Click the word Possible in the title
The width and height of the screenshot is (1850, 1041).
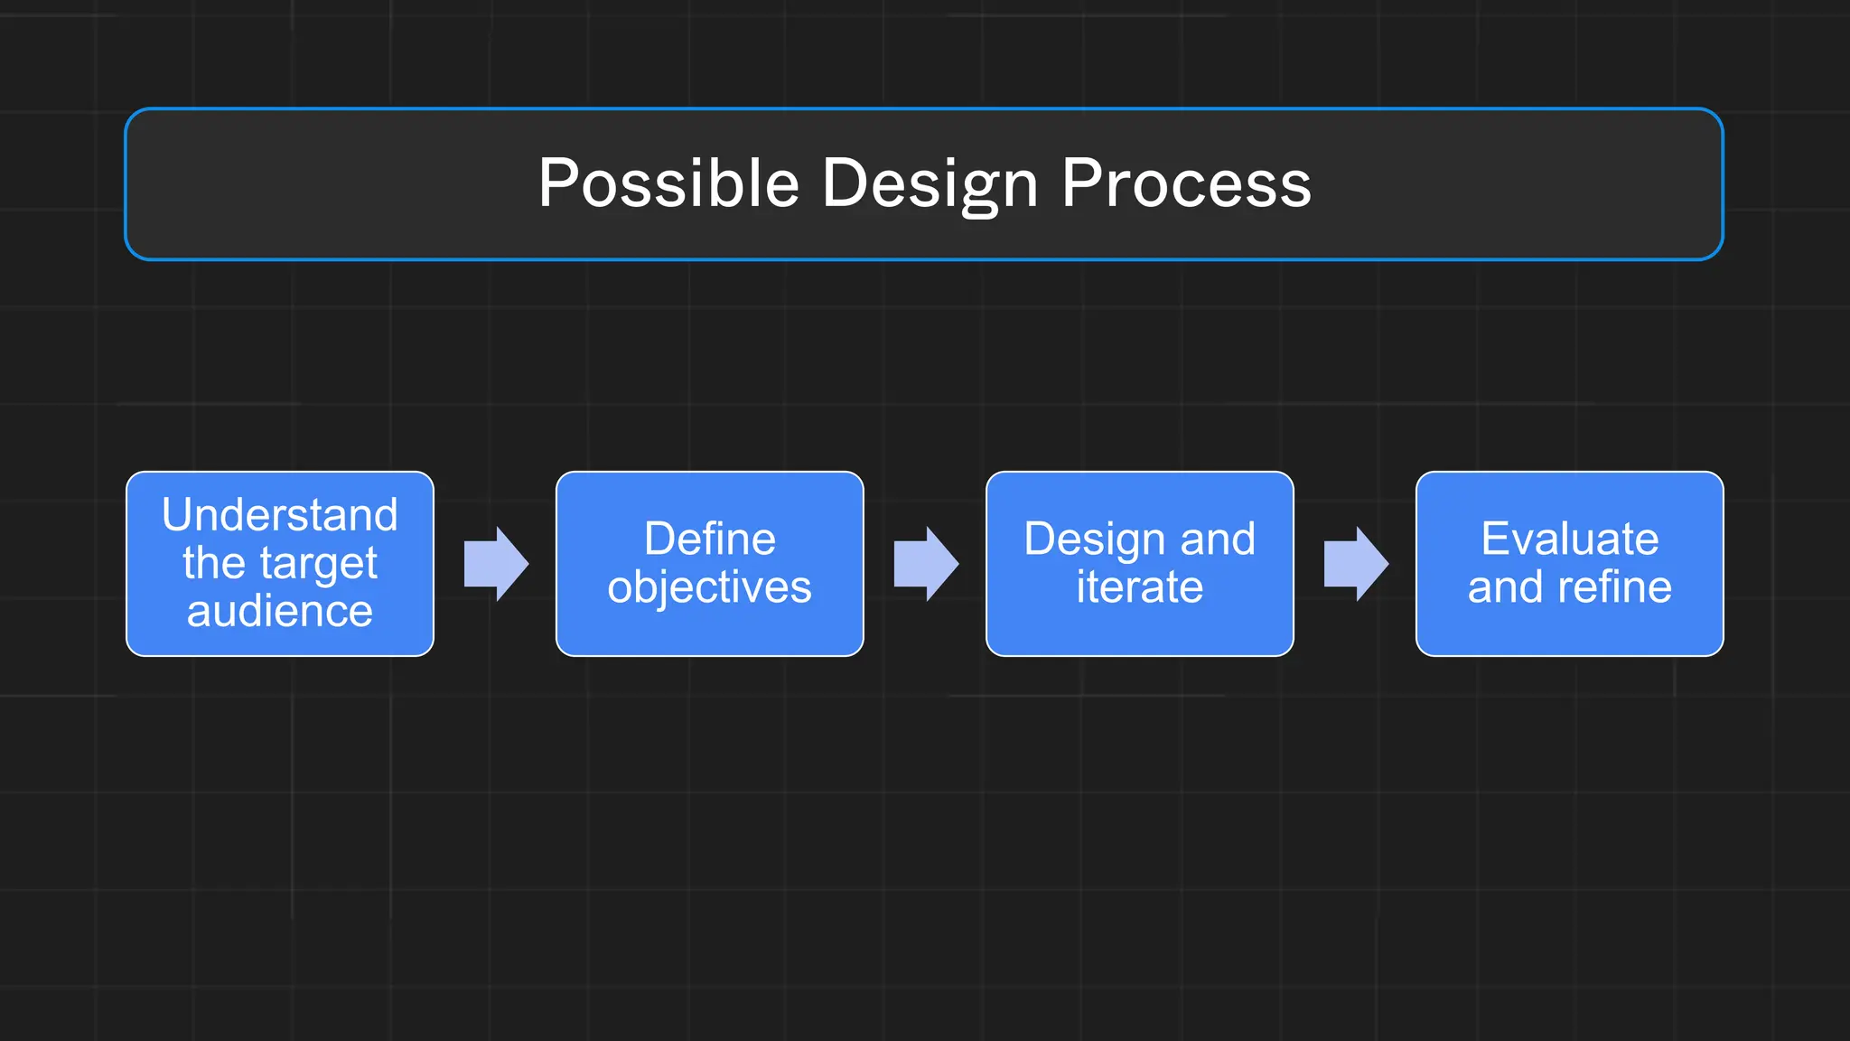(668, 183)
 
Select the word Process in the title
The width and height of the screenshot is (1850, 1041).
(1185, 183)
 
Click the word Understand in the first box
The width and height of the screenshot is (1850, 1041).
(280, 515)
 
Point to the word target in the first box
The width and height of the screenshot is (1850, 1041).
(318, 564)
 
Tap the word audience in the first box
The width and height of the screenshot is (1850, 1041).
(280, 611)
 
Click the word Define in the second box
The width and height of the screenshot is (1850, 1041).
(710, 539)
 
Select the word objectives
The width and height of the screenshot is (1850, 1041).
(710, 587)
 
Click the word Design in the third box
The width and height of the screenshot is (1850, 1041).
(1094, 539)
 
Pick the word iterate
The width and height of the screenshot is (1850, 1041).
(1140, 587)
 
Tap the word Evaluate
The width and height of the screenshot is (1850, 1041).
(1570, 539)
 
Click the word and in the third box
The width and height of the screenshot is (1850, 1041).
(1218, 539)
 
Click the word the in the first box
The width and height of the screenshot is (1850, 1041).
(214, 564)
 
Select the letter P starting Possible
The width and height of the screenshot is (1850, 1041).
(556, 183)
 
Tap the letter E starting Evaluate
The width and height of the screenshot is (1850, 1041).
(1494, 539)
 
